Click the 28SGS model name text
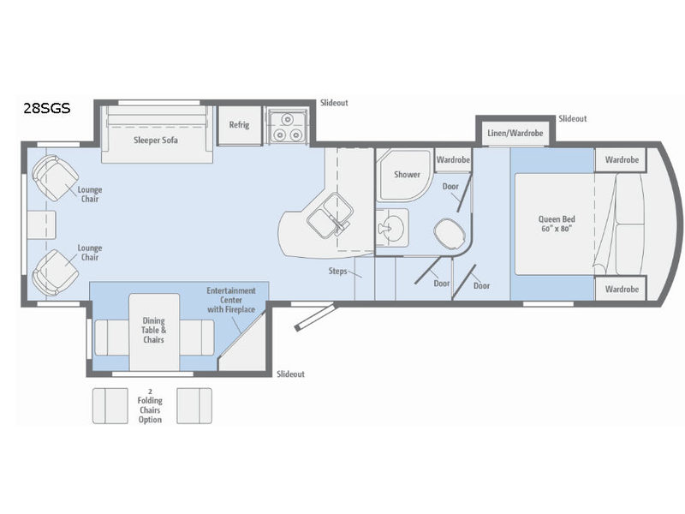point(47,109)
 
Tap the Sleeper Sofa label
point(155,140)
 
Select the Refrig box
point(239,125)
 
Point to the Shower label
point(407,174)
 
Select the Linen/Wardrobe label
point(515,133)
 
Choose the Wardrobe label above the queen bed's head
point(622,159)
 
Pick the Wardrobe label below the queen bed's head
point(622,289)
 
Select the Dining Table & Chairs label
point(154,330)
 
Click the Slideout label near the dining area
point(290,374)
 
